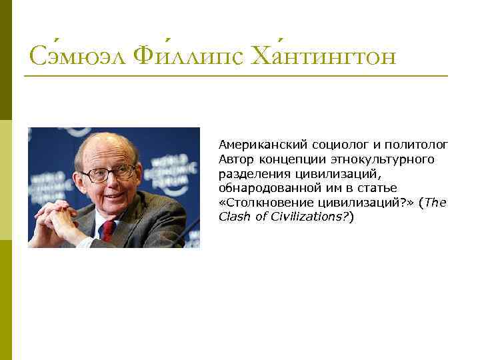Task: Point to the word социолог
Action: point(331,145)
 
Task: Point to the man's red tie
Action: point(107,230)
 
